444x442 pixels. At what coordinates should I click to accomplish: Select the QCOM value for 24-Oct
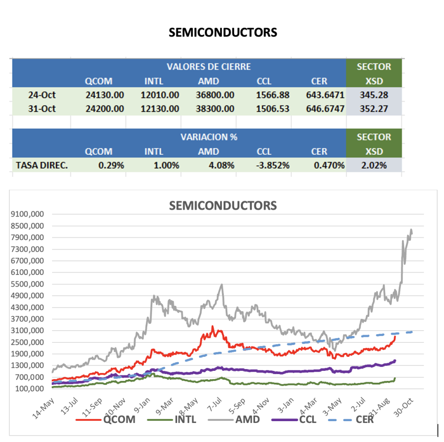point(105,95)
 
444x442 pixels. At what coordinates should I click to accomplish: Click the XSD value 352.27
point(373,109)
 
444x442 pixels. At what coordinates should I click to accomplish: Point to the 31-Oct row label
point(42,109)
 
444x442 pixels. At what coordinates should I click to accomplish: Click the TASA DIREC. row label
point(42,165)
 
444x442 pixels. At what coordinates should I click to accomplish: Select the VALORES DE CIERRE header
point(208,67)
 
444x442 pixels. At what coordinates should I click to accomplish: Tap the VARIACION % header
point(208,137)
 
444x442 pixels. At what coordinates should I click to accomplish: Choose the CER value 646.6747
point(324,109)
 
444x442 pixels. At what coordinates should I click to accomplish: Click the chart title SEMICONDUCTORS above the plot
point(222,206)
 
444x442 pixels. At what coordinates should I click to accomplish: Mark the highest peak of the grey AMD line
point(411,230)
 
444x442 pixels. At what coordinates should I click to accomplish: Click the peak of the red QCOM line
point(212,327)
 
